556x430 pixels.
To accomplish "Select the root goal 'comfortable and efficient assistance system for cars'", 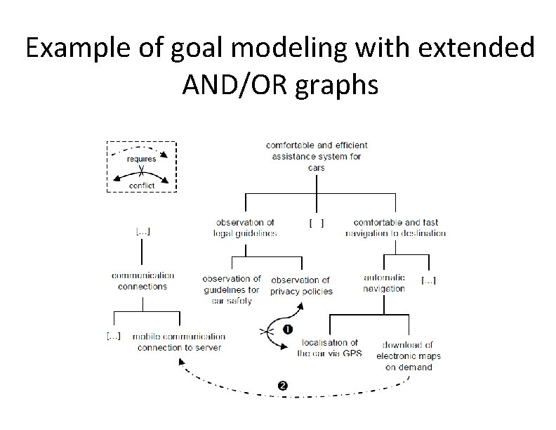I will click(x=317, y=156).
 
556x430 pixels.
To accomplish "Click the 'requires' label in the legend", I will click(x=141, y=159).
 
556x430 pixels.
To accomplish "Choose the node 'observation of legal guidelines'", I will click(x=245, y=228).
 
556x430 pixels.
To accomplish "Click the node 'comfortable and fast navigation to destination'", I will click(x=395, y=228).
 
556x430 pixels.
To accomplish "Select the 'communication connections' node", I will click(x=143, y=281).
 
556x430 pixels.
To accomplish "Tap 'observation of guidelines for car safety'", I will click(x=231, y=289).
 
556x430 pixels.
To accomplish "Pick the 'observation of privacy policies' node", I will click(x=301, y=285).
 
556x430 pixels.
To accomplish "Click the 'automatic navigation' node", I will click(x=384, y=283).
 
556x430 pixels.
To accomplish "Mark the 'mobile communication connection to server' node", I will click(x=179, y=342).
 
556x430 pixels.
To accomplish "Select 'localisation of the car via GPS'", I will click(x=329, y=348).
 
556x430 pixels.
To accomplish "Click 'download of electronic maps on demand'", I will click(x=409, y=356).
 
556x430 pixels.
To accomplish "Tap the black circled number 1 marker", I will click(x=286, y=330).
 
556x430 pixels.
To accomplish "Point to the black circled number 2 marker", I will click(x=282, y=385).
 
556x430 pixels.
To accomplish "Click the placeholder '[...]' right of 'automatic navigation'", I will click(x=428, y=281).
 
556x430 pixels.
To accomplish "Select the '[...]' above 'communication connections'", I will click(x=143, y=230).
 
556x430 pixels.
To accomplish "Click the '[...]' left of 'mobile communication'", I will click(x=114, y=337).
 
